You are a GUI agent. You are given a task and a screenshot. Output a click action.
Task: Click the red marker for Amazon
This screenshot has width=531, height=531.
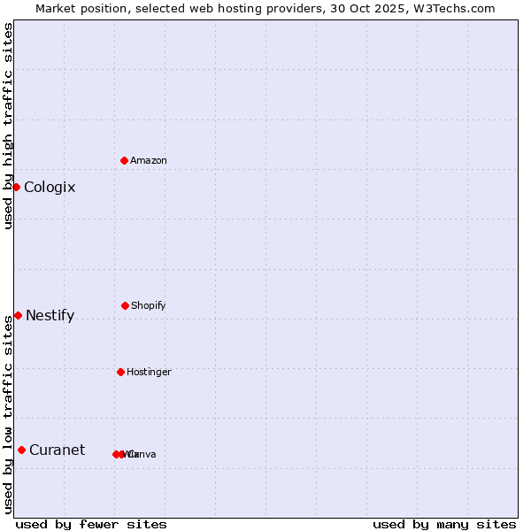pos(124,160)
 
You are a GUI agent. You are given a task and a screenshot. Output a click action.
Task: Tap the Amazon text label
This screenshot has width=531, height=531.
pos(148,161)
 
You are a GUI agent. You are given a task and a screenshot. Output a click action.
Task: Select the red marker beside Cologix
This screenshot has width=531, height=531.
pos(16,187)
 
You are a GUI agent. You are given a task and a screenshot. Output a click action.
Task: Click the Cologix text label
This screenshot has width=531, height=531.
pos(50,188)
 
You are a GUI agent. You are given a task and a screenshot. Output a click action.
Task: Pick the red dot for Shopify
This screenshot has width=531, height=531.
pos(125,305)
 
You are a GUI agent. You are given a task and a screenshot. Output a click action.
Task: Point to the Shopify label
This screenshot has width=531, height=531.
pos(148,306)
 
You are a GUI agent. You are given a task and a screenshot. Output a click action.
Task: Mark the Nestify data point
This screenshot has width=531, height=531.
pos(18,315)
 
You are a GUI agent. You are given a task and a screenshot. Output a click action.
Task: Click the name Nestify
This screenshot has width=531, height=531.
pos(50,316)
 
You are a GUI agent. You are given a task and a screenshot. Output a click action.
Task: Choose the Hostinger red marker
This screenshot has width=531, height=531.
pos(120,372)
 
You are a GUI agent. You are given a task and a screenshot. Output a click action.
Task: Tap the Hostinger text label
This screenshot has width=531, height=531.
pos(149,373)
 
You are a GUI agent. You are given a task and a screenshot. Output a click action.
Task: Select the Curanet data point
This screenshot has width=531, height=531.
pos(21,450)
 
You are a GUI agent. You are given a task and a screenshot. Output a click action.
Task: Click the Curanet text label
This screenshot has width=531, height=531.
pos(57,450)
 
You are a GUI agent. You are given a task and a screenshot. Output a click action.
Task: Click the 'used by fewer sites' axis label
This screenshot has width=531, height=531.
pos(91,524)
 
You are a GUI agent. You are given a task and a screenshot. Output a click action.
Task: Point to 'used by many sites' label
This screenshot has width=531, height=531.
pos(444,524)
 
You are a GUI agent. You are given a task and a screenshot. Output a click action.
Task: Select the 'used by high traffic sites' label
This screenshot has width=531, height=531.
pos(8,126)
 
